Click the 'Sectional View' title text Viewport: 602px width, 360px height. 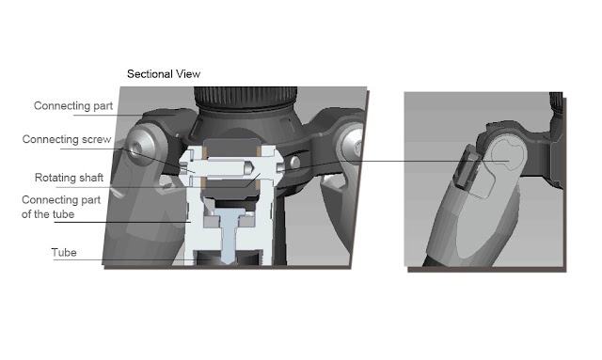(x=164, y=73)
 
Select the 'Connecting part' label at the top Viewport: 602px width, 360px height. (x=73, y=106)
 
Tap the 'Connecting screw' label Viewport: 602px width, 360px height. (x=67, y=139)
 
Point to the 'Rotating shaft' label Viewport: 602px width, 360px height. (x=69, y=178)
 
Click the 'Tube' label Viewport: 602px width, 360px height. (x=64, y=253)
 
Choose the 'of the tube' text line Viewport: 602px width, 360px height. (x=48, y=214)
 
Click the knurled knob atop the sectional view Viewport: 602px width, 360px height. (x=245, y=97)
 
